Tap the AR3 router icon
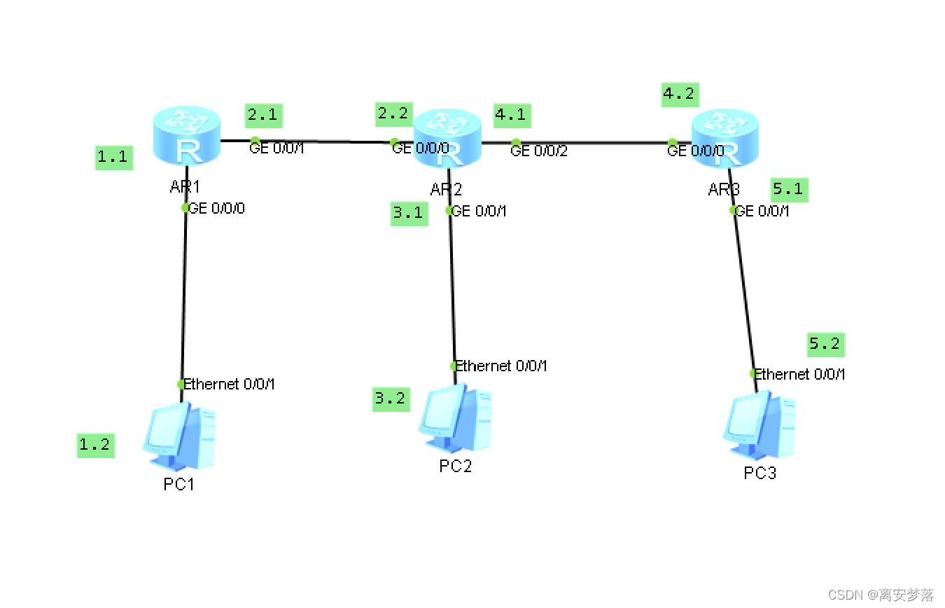click(725, 139)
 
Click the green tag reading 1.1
click(113, 157)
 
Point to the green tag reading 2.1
click(264, 116)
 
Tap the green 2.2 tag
click(393, 113)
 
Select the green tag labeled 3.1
click(408, 213)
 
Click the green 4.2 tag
click(680, 94)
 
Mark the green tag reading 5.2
click(825, 344)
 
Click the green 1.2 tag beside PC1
click(95, 445)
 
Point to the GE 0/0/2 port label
click(538, 150)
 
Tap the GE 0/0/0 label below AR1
click(217, 208)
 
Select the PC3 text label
click(759, 474)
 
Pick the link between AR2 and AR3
click(595, 143)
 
